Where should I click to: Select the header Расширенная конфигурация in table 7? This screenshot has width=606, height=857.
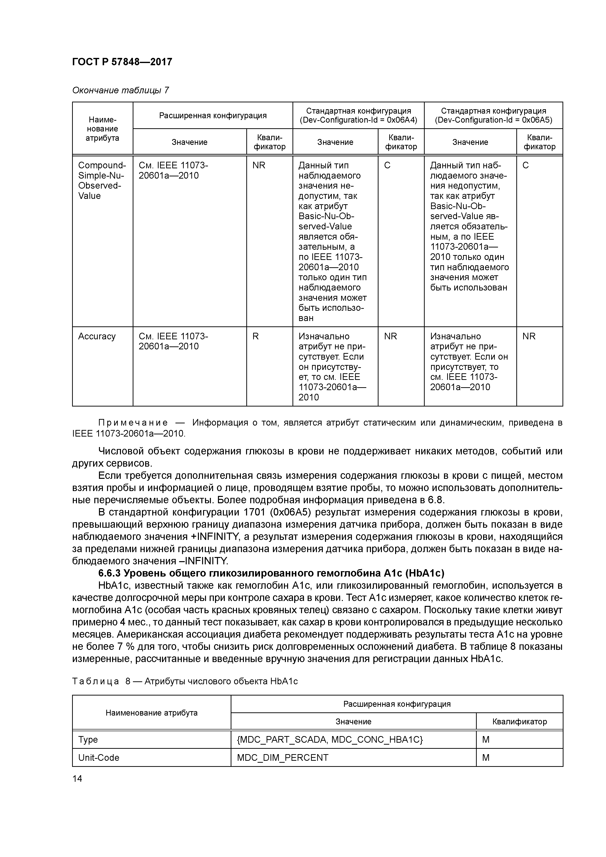click(x=213, y=115)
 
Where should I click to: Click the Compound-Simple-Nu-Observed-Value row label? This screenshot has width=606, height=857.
click(x=102, y=180)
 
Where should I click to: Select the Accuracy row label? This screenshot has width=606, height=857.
click(x=97, y=336)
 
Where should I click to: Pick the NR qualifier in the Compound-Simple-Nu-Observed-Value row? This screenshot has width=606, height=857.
click(x=259, y=165)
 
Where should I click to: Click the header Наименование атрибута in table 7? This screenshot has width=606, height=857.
click(x=102, y=129)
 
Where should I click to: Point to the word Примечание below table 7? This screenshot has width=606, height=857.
click(x=133, y=423)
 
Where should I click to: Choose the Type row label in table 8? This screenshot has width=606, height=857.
click(x=88, y=739)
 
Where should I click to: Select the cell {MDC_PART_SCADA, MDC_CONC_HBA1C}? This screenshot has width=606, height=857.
click(x=330, y=739)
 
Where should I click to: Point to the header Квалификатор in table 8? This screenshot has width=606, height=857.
click(x=519, y=721)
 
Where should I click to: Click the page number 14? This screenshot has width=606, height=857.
click(x=77, y=778)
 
